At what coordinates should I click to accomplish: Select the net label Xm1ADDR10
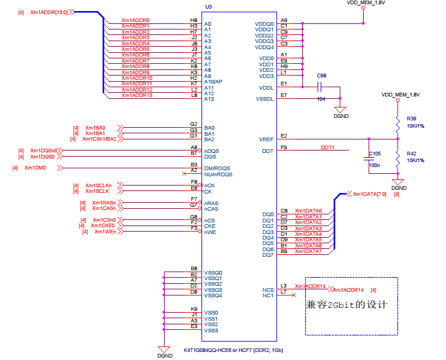click(136, 78)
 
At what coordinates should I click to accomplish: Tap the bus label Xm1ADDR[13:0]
click(49, 12)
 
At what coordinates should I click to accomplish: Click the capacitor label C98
click(321, 76)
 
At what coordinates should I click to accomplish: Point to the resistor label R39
click(411, 119)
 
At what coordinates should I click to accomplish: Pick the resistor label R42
click(411, 153)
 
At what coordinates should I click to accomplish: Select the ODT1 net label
click(327, 147)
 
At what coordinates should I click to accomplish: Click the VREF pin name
click(267, 139)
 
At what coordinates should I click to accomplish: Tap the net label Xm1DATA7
click(308, 251)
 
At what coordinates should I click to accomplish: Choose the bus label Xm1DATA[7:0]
click(370, 194)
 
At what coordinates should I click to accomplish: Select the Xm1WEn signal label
click(106, 231)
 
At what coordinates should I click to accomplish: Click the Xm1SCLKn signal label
click(98, 186)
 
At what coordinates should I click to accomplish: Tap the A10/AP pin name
click(213, 82)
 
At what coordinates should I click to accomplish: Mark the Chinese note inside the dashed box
click(351, 305)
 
